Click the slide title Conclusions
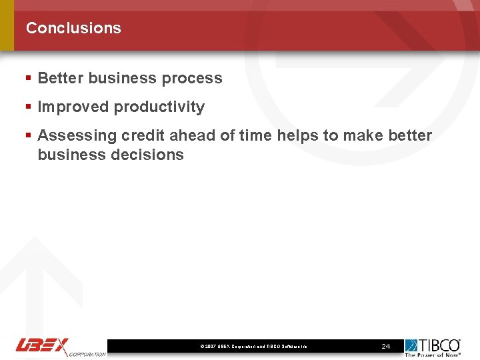(x=73, y=28)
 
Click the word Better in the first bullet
(x=61, y=78)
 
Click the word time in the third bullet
(x=255, y=135)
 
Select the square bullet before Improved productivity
(x=29, y=107)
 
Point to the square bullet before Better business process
(x=29, y=78)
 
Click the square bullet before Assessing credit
(x=29, y=135)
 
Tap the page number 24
(x=385, y=347)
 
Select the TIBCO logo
(x=433, y=345)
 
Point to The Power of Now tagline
(x=433, y=355)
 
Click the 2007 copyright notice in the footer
(x=253, y=347)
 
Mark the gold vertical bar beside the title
(x=7, y=25)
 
